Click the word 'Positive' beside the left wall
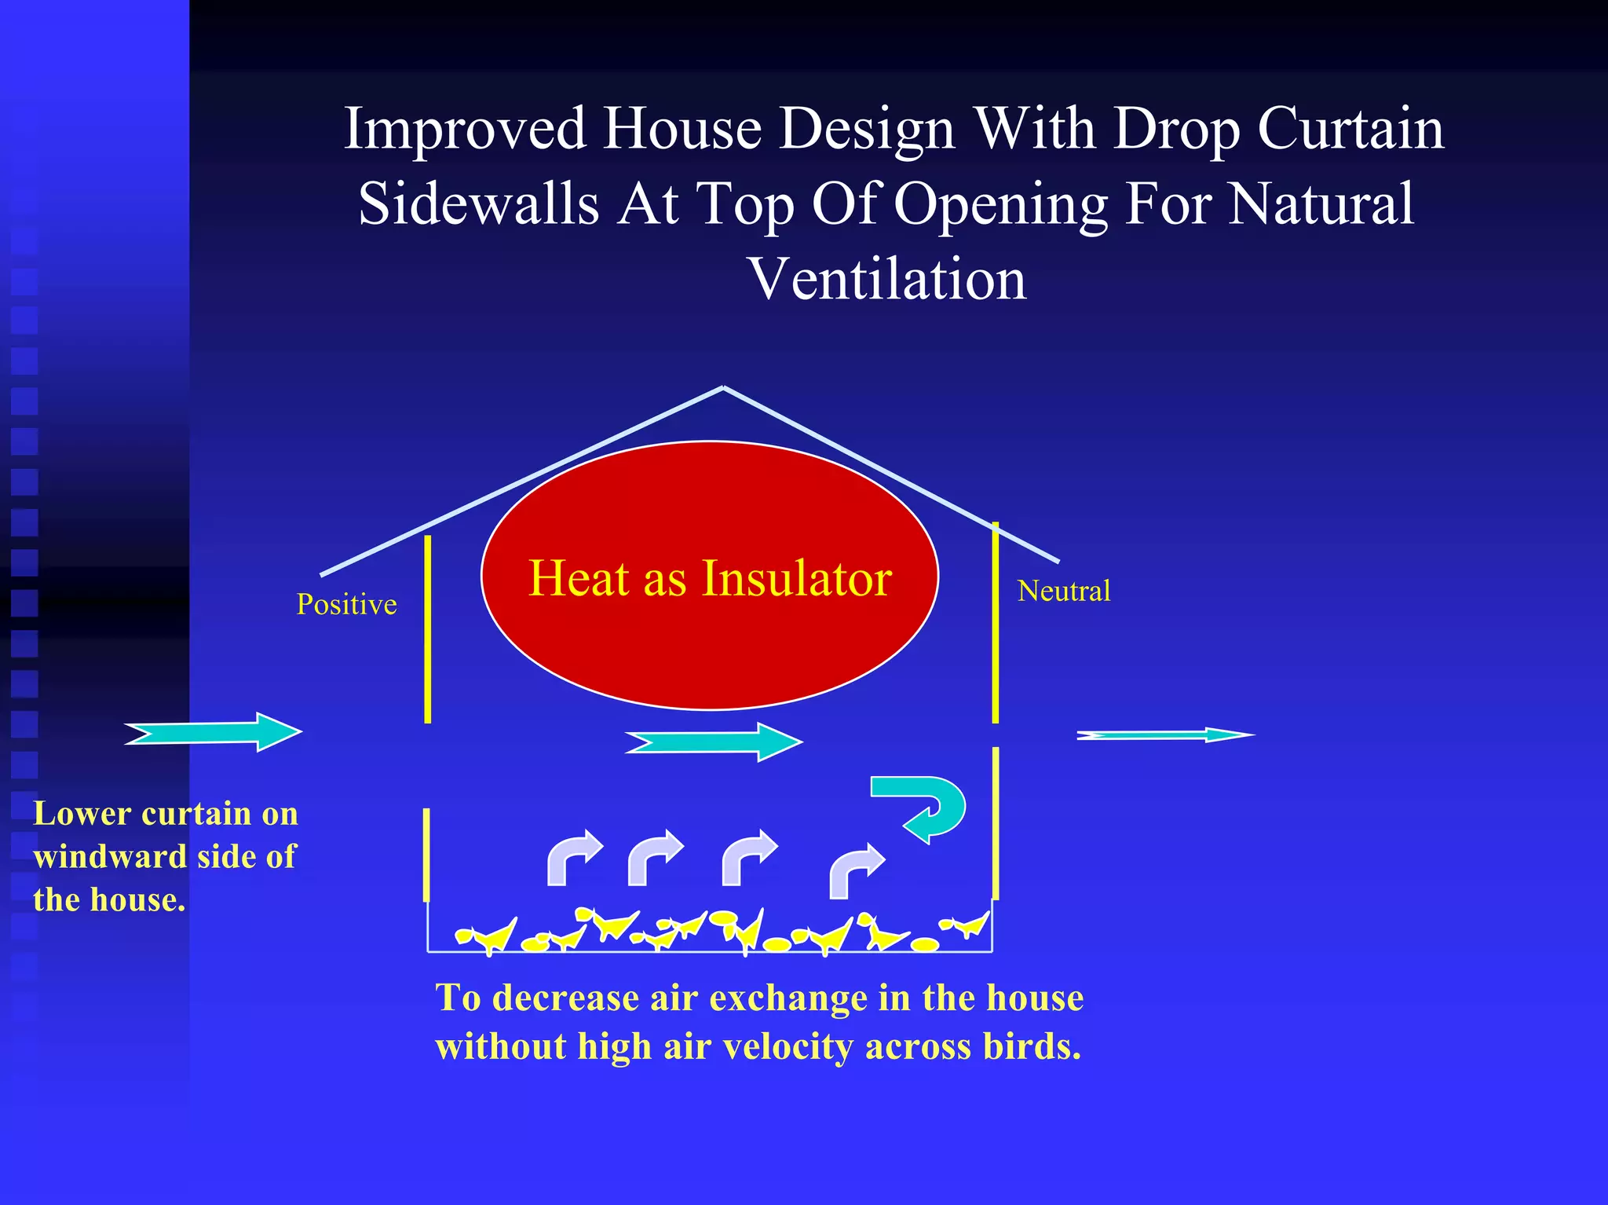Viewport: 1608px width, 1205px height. click(x=346, y=604)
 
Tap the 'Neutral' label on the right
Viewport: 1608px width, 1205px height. click(x=1064, y=591)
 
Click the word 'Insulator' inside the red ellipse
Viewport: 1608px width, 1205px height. click(x=796, y=578)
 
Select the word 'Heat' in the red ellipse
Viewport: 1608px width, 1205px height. click(x=579, y=578)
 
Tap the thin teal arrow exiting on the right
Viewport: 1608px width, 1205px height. click(x=1165, y=735)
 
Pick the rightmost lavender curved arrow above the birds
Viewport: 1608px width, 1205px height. click(x=855, y=870)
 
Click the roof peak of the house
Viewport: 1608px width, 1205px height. click(x=723, y=387)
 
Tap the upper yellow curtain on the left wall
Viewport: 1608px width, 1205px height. click(x=427, y=628)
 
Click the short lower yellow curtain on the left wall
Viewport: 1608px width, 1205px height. click(x=426, y=855)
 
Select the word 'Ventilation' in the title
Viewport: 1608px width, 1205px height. click(x=888, y=279)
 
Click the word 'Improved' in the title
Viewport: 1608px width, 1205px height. click(x=465, y=128)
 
